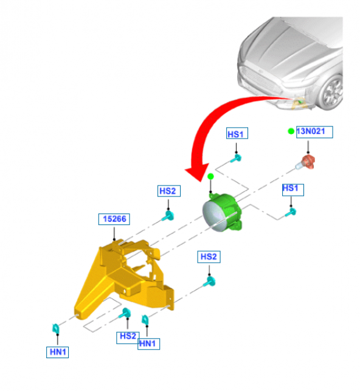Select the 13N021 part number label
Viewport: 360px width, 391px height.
(314, 132)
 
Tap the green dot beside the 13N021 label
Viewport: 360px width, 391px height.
(291, 131)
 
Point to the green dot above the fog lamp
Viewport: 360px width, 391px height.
(210, 176)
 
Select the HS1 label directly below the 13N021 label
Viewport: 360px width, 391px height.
(291, 190)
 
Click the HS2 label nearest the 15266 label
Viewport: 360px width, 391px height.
(167, 191)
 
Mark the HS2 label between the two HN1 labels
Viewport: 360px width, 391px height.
(128, 336)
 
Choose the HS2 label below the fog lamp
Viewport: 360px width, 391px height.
(208, 257)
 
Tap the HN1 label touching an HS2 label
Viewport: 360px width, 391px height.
(148, 344)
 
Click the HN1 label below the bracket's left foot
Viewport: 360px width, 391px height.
(57, 351)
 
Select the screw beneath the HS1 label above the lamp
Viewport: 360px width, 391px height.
(238, 158)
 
